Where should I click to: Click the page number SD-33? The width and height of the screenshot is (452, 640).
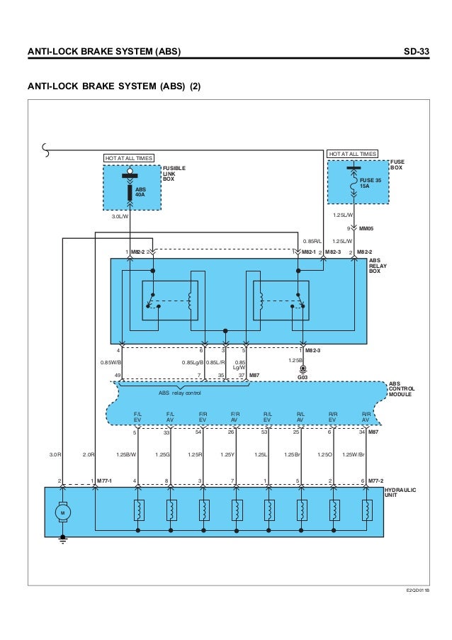click(414, 52)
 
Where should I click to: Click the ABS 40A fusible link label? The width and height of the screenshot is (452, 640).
click(140, 192)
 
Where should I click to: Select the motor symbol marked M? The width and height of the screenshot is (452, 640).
click(62, 512)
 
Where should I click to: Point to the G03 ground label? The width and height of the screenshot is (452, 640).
click(303, 378)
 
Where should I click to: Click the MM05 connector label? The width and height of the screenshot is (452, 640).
click(366, 229)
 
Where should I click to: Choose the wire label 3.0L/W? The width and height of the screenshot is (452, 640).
click(120, 217)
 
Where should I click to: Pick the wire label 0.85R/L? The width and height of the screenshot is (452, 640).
click(312, 240)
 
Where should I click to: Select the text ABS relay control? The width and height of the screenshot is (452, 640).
click(180, 393)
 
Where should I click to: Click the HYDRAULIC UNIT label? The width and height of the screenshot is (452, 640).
click(400, 493)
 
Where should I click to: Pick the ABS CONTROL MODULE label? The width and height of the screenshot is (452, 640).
click(402, 389)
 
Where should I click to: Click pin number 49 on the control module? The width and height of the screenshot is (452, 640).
click(118, 375)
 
